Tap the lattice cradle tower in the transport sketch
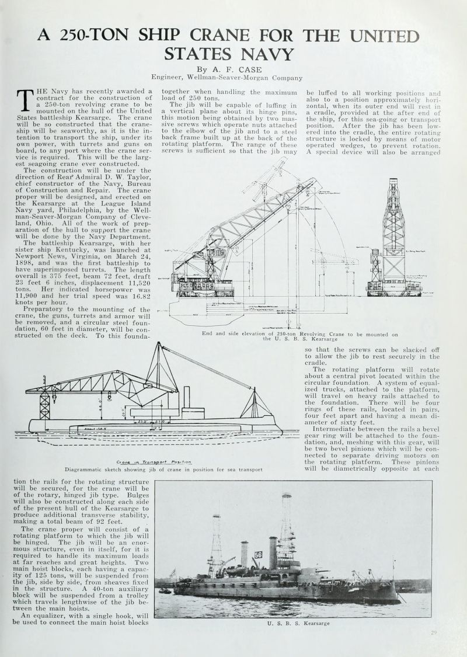coord(45,403)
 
